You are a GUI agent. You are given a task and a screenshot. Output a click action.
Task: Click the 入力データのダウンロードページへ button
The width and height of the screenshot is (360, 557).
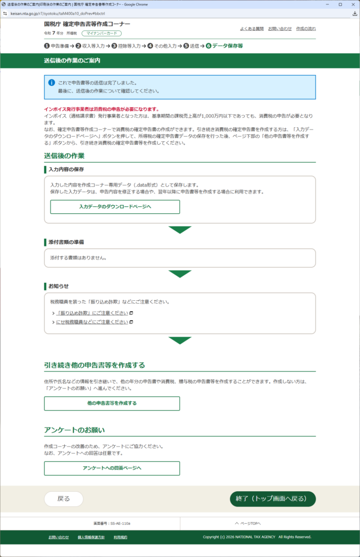coord(115,207)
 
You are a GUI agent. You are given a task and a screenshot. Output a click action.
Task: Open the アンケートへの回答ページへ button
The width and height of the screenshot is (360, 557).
coord(112,468)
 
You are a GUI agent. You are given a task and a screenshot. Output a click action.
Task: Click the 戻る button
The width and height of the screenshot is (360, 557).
coord(64,499)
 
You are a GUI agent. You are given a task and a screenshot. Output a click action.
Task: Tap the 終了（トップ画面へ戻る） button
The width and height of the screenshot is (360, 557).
coord(272,499)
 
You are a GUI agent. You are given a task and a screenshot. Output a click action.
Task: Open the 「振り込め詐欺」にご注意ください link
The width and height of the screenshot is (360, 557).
coord(92,313)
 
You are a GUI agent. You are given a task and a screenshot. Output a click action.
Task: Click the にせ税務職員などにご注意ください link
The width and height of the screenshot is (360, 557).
coord(92,322)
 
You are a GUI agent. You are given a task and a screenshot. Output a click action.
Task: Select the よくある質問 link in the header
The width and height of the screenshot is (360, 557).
coord(251,28)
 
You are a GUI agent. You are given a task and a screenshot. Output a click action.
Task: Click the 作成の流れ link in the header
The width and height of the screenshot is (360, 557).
coord(306,28)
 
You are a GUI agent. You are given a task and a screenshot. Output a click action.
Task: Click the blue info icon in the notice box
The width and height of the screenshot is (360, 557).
coord(52,82)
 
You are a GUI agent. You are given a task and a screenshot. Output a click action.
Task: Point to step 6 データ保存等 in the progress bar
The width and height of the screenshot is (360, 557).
coord(224,46)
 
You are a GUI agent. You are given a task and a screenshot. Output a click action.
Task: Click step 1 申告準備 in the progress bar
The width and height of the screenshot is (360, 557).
coord(57,46)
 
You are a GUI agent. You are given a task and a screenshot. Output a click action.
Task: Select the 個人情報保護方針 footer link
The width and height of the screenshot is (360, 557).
coord(91,537)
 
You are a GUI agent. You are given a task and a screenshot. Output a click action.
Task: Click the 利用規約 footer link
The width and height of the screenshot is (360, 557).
coord(120,537)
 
